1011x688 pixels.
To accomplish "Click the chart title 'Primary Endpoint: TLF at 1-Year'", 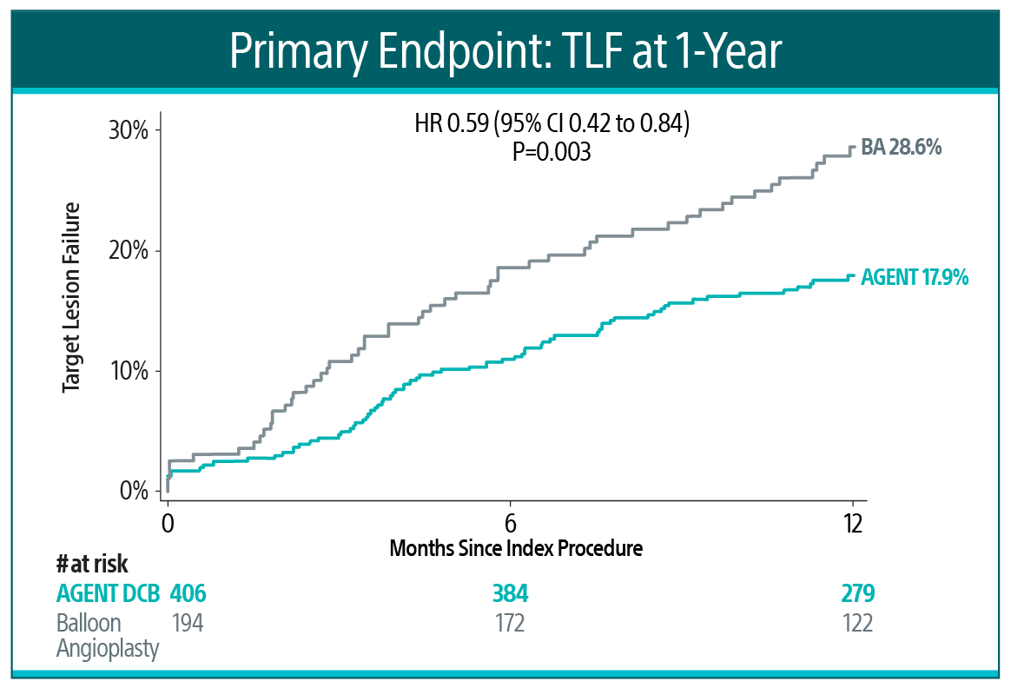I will tap(505, 50).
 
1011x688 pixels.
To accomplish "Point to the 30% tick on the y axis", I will tap(129, 131).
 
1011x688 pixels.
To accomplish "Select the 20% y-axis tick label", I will tap(129, 251).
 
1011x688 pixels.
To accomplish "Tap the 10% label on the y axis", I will tap(129, 372).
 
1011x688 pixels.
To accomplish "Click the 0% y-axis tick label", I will tap(134, 492).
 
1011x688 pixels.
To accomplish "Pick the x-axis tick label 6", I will tap(510, 524).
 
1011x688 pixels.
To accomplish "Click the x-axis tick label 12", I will tap(852, 524).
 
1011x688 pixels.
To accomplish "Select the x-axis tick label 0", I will tap(168, 524).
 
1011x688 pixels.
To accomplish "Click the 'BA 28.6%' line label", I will tap(902, 149).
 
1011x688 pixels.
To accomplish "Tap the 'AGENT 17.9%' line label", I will tap(915, 278).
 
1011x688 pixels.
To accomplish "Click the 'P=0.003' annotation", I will tap(552, 153).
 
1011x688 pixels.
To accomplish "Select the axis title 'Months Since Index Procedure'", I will tap(516, 549).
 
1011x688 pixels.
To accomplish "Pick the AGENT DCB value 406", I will tap(188, 595).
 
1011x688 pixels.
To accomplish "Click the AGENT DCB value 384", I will tap(510, 595).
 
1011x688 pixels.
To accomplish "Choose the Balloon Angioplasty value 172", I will tap(510, 624).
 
